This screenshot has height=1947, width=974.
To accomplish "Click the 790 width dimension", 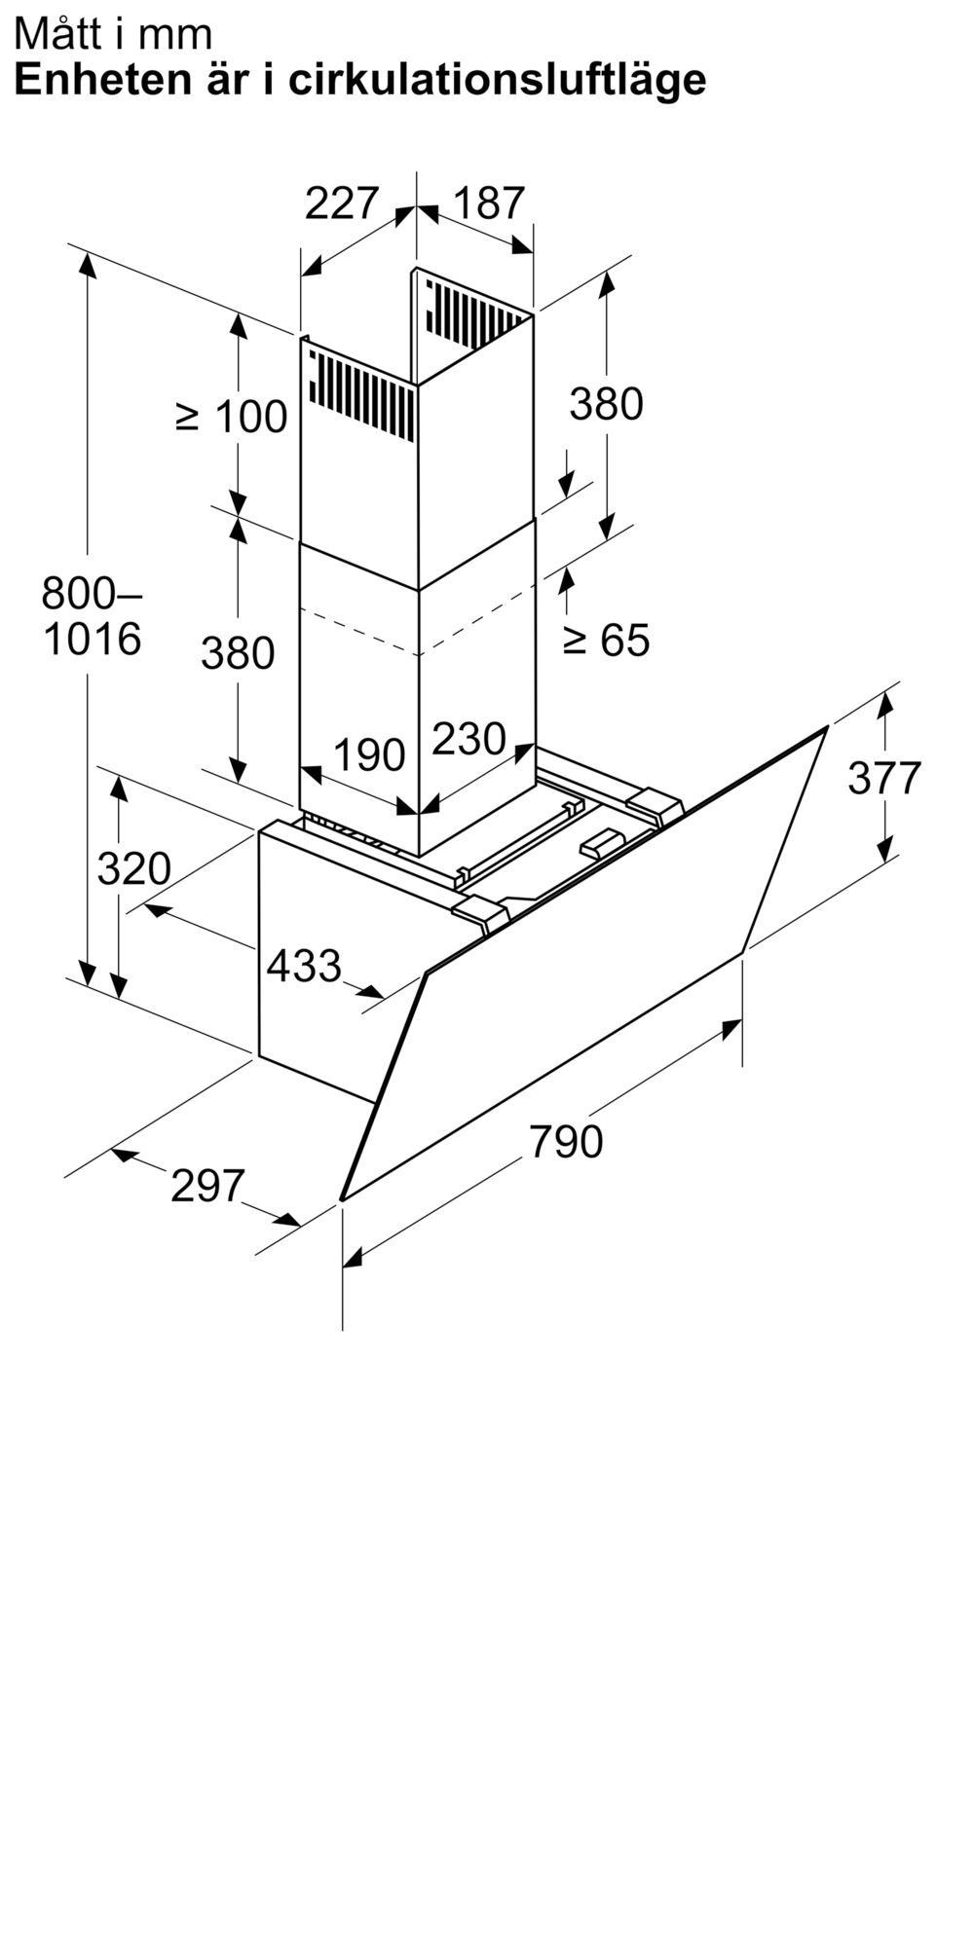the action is click(x=566, y=1141).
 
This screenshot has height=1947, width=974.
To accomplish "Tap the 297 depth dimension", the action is click(x=207, y=1186).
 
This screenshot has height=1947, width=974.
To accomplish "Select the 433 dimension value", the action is click(x=304, y=966).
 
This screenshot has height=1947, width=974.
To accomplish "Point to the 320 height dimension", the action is click(x=134, y=868).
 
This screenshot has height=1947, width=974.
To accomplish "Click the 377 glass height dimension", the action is click(x=884, y=778).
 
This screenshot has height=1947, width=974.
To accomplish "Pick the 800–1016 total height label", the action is click(x=93, y=615).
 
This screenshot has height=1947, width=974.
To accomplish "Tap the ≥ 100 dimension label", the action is click(x=232, y=418).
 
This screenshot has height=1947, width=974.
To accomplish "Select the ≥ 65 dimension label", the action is click(x=606, y=640).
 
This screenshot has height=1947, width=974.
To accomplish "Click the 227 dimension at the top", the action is click(x=341, y=203).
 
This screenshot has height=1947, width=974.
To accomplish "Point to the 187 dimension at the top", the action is click(x=489, y=203).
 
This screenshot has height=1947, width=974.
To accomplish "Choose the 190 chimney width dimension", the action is click(x=369, y=755).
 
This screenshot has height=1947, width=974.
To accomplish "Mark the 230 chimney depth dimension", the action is click(x=468, y=739).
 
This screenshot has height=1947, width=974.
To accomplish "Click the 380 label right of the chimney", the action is click(x=607, y=404).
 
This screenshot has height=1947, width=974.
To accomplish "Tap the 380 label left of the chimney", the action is click(x=238, y=652).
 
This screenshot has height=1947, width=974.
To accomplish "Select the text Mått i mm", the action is click(x=113, y=35).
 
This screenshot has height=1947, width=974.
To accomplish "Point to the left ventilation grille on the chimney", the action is click(x=360, y=391).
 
